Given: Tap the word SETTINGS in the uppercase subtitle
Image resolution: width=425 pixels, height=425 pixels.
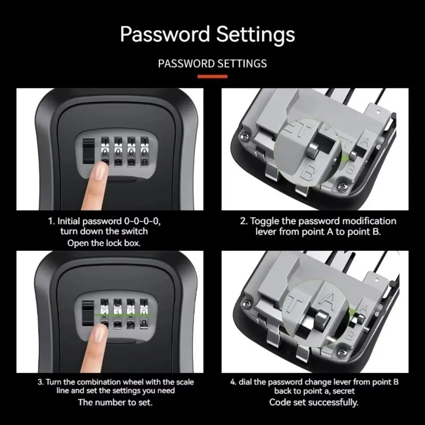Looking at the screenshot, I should [x=242, y=64].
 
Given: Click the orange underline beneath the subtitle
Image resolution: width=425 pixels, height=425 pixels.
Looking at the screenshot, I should [x=212, y=76].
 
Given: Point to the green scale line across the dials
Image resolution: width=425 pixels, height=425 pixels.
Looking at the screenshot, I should [x=123, y=315].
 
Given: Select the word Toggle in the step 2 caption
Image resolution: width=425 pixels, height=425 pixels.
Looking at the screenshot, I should [x=264, y=221].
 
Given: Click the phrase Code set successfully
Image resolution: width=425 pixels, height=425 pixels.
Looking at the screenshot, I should [x=314, y=402].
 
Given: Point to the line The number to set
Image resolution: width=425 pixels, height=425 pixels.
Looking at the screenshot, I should [x=115, y=402].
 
